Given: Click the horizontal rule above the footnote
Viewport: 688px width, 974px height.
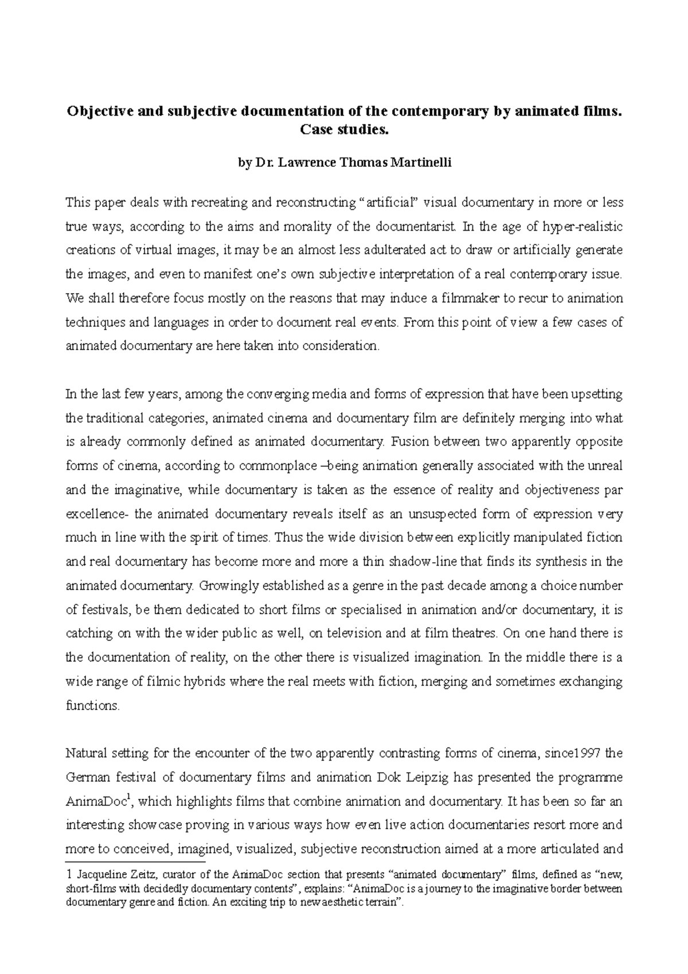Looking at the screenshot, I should (x=135, y=862).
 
